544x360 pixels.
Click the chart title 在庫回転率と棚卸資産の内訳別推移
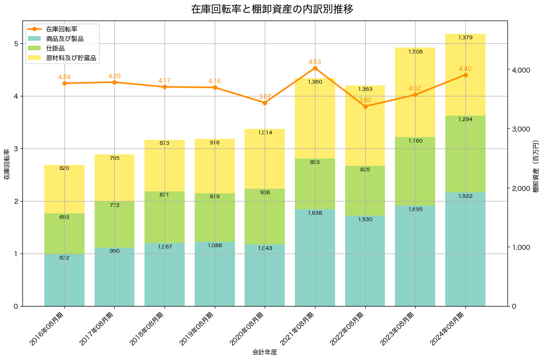(272, 9)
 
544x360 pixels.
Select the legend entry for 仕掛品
(55, 48)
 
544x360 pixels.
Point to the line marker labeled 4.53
(315, 68)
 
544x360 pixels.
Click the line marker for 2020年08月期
(265, 103)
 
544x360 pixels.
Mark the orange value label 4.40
(465, 69)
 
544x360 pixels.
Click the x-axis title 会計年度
(265, 353)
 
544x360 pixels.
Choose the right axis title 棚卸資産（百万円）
(537, 164)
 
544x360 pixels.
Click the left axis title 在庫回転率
(6, 164)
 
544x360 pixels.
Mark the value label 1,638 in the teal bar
(315, 213)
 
